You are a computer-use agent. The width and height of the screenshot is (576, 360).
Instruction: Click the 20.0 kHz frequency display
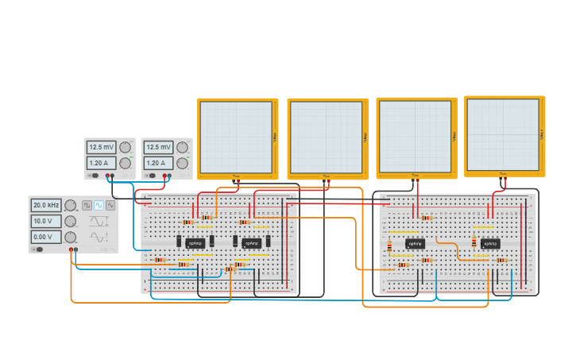[46, 205]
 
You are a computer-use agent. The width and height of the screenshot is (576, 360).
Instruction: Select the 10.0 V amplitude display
[46, 221]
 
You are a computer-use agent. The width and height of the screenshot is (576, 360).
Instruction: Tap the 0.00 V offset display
[46, 237]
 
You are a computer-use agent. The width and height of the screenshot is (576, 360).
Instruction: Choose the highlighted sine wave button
[99, 205]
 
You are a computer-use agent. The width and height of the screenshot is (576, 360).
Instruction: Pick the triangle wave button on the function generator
[110, 205]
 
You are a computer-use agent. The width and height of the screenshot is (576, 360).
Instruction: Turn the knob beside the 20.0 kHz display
[71, 206]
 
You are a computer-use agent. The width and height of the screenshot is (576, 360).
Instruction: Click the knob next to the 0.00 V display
[71, 237]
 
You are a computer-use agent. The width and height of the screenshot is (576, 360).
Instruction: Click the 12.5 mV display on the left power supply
[102, 147]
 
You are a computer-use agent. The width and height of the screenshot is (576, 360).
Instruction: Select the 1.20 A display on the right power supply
[157, 163]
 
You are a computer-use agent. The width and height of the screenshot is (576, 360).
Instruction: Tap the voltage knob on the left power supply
[126, 147]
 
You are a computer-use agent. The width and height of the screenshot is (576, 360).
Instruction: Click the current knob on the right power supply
[182, 163]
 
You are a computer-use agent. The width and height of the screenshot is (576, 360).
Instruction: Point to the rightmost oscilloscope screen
[502, 134]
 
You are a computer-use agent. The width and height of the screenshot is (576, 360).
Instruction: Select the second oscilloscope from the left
[325, 137]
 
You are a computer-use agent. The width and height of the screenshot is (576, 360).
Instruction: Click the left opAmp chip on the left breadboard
[195, 242]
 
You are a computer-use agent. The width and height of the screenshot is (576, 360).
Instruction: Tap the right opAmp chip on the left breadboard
[251, 242]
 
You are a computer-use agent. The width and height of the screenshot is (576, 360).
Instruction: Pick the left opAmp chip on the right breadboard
[415, 243]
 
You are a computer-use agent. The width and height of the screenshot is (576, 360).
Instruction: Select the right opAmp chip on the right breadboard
[490, 243]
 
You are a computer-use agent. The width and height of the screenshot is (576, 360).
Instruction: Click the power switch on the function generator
[37, 250]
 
